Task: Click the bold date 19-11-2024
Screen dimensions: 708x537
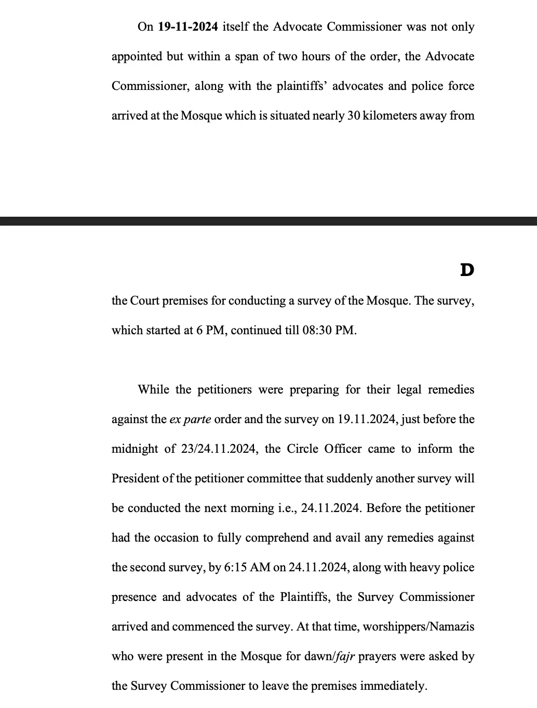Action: (x=187, y=27)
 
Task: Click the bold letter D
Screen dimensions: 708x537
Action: (x=467, y=270)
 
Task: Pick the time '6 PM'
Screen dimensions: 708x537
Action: (x=210, y=330)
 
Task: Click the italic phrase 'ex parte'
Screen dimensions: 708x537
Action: (x=190, y=419)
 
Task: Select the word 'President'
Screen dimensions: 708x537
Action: (x=135, y=478)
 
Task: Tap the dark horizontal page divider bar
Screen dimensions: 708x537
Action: (x=268, y=221)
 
